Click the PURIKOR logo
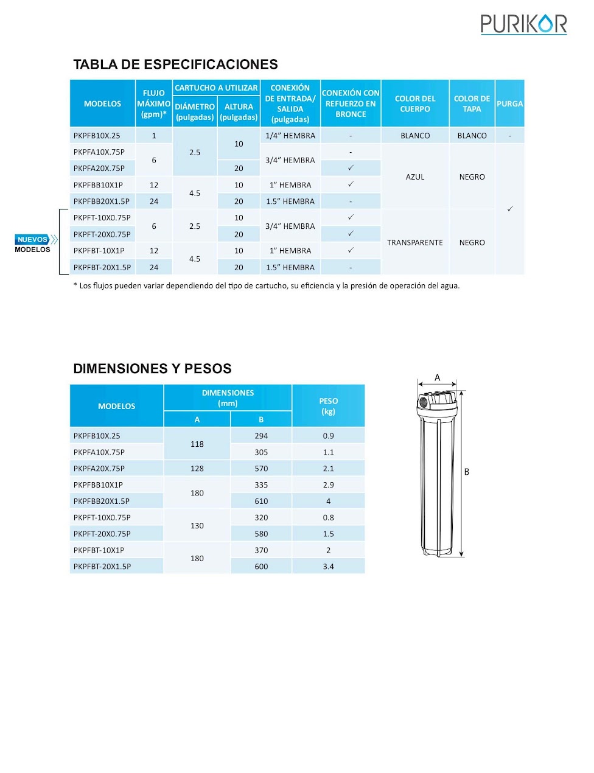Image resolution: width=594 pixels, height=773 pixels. pos(523,24)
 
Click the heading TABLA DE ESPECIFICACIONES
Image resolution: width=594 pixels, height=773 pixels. pos(175,65)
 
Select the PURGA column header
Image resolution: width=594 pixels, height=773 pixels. pos(509,103)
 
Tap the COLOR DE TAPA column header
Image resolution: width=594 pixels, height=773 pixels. pos(472,103)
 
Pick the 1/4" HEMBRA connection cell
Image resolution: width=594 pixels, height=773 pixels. pos(290,136)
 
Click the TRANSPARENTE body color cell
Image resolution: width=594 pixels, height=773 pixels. pos(415,242)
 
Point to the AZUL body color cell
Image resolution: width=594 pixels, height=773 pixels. pos(415,177)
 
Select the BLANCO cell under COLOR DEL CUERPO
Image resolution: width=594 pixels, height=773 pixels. pos(415,136)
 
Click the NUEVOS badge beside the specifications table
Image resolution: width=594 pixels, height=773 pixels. pos(33,239)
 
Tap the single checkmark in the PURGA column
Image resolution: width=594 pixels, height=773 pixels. pos(510,209)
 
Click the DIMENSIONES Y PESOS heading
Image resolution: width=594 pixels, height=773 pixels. pos(152,369)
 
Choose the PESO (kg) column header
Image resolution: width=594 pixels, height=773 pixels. pos(328,406)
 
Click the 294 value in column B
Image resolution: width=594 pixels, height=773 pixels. pos(261,436)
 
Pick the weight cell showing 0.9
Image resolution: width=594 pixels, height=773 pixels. pos(328,436)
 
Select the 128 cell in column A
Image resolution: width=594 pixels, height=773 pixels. pos(197,469)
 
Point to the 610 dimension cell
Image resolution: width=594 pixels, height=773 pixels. pos(261,501)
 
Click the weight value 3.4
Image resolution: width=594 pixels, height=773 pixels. pos(328,566)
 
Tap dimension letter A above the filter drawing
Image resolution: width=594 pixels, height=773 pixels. pos(437,377)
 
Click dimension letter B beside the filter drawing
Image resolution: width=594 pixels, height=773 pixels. pos(467,472)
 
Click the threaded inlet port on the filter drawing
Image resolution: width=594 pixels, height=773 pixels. pos(423,402)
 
